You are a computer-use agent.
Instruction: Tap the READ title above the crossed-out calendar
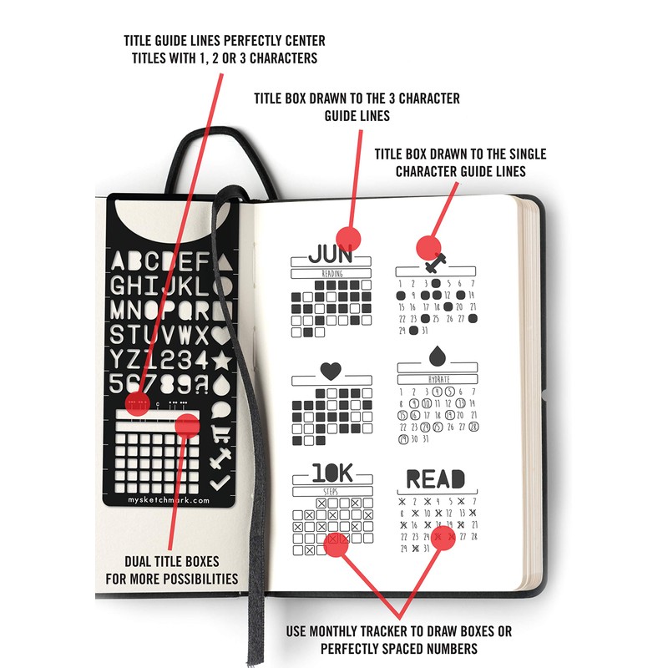435,478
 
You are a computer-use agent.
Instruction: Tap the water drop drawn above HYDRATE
436,357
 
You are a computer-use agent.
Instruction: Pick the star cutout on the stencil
221,362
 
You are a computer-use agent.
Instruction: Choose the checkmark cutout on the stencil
220,482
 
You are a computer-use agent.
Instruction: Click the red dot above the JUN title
349,237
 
